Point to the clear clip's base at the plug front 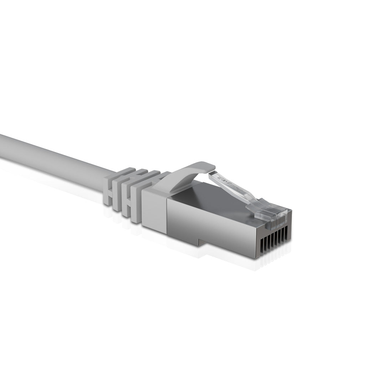coord(271,214)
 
